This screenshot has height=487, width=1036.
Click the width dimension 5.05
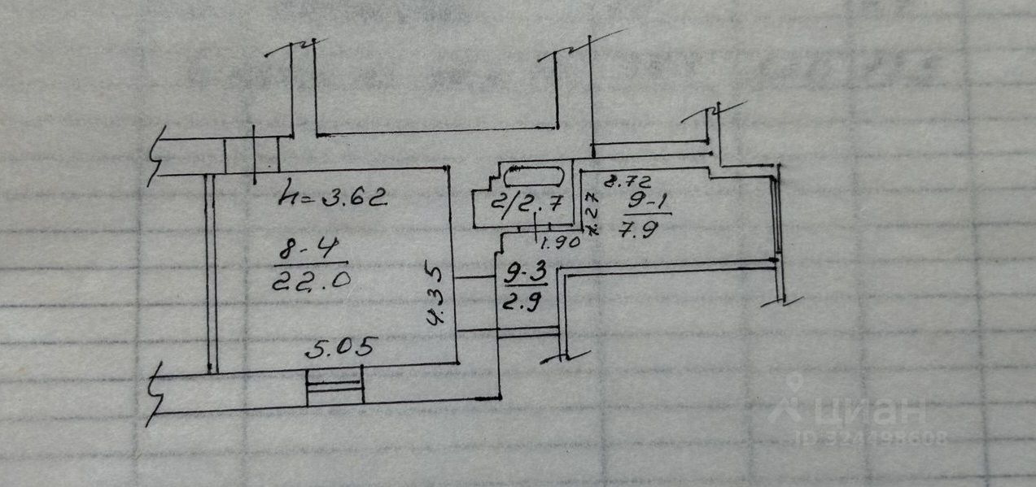click(x=340, y=349)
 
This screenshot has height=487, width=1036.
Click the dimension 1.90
click(x=558, y=242)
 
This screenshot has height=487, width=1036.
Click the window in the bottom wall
click(x=334, y=386)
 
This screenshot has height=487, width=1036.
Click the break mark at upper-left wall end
click(x=156, y=156)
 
